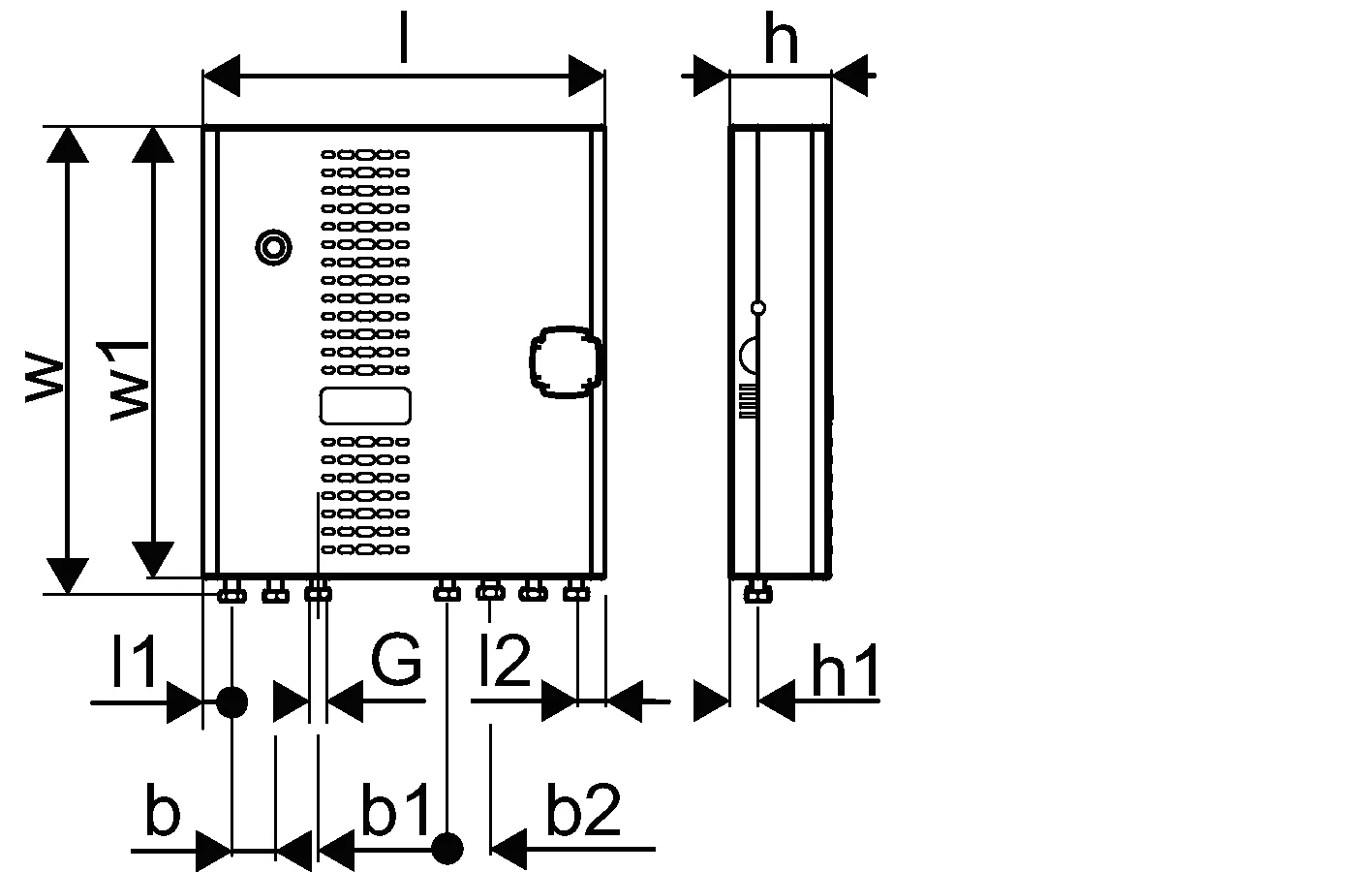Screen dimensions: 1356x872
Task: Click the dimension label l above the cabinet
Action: point(404,38)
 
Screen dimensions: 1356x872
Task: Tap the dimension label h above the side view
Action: point(782,38)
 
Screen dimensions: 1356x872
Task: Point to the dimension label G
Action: point(396,659)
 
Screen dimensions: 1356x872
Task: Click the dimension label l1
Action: point(135,660)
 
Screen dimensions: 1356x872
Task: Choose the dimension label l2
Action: point(505,660)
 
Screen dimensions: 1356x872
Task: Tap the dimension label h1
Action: point(845,670)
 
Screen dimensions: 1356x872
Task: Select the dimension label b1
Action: point(395,808)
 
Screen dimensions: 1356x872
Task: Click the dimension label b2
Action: point(583,810)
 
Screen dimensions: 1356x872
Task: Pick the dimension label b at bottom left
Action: point(163,810)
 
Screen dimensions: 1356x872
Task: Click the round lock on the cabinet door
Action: point(273,247)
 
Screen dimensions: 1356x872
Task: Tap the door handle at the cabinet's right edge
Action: point(566,362)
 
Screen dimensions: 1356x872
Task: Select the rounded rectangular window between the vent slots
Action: point(365,406)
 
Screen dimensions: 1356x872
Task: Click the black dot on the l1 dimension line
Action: point(231,701)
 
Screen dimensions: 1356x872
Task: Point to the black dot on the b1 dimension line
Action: point(447,849)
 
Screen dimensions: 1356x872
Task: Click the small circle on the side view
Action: point(757,308)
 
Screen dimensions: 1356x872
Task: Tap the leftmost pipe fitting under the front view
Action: point(231,592)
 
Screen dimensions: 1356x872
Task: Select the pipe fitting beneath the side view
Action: point(757,592)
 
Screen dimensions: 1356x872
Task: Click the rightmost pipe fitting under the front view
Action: point(576,591)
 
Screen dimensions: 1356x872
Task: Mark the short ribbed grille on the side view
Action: point(748,401)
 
